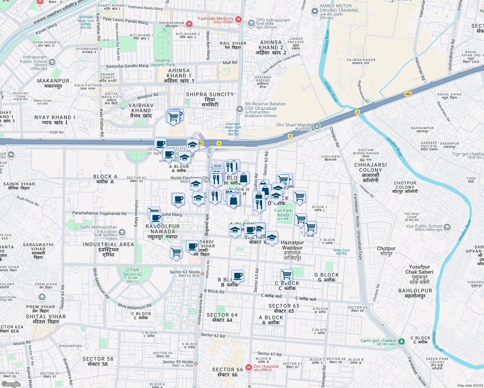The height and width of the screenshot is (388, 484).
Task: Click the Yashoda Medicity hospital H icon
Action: (238, 20)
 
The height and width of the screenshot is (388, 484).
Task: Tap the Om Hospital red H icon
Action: (249, 367)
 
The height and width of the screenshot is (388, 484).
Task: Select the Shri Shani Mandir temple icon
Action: (317, 126)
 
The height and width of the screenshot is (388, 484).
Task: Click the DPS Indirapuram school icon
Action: (251, 23)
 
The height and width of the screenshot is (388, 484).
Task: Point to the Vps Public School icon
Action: (447, 227)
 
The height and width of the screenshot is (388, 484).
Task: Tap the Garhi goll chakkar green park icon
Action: (401, 341)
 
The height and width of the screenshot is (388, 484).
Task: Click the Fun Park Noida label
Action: (283, 213)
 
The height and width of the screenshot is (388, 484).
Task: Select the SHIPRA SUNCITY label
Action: (210, 94)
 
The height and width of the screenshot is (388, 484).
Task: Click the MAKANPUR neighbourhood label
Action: (53, 81)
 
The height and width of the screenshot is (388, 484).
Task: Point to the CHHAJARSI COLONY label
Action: (370, 167)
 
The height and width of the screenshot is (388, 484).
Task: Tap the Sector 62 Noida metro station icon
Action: (202, 274)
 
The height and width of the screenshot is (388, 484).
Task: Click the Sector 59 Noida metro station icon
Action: (196, 363)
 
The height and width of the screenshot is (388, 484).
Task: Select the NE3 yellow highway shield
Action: (408, 94)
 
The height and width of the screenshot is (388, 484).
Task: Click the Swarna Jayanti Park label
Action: (162, 62)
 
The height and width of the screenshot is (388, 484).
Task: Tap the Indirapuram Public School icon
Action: (52, 62)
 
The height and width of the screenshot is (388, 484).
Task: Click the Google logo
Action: (11, 384)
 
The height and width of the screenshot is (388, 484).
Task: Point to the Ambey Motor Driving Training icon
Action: (314, 11)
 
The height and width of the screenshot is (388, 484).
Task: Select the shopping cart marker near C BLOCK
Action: (286, 275)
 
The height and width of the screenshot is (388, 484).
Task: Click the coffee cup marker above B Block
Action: (238, 276)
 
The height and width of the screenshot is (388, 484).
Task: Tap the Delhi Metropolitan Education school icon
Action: (122, 232)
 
